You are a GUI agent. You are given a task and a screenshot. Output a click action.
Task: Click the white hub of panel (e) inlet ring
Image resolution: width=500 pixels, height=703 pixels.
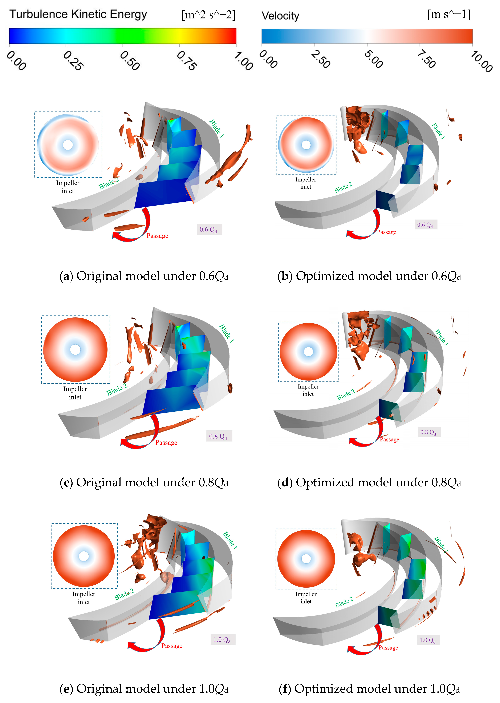pyautogui.click(x=84, y=556)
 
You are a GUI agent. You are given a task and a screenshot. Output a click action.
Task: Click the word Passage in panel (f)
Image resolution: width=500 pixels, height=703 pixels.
pyautogui.click(x=388, y=648)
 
